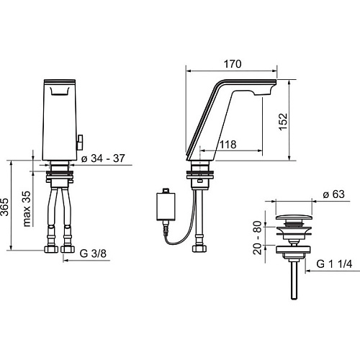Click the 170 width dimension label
click(x=233, y=64)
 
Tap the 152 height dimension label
click(x=283, y=122)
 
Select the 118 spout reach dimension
click(x=228, y=145)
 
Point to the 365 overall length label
click(x=4, y=207)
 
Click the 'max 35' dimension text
click(x=27, y=209)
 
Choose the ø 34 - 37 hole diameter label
click(x=103, y=158)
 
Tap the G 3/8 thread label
click(x=93, y=253)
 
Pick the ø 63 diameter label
click(x=333, y=194)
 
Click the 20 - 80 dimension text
click(x=258, y=238)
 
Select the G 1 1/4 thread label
click(x=334, y=264)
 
